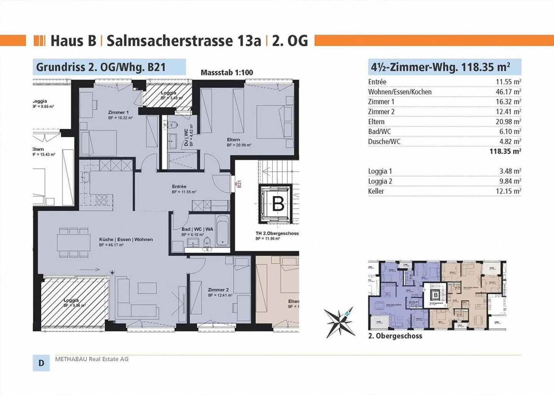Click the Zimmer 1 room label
pos(118,113)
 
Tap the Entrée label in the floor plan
pos(179,187)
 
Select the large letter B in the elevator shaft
pos(278,204)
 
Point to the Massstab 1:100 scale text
pos(227,72)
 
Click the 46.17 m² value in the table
pos(508,92)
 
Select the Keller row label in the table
pos(376,191)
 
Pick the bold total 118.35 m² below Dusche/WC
pos(505,151)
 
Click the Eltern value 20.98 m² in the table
pos(508,122)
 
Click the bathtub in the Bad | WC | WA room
pos(222,230)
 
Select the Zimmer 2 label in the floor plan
pos(218,290)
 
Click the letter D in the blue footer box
pos(41,363)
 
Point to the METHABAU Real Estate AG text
pos(92,359)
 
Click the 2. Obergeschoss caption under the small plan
pos(395,336)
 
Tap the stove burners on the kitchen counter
pos(102,200)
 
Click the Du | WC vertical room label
pos(186,137)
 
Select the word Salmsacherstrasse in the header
pos(184,41)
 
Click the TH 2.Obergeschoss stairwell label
pos(277,233)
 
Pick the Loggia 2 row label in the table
pos(380,181)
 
